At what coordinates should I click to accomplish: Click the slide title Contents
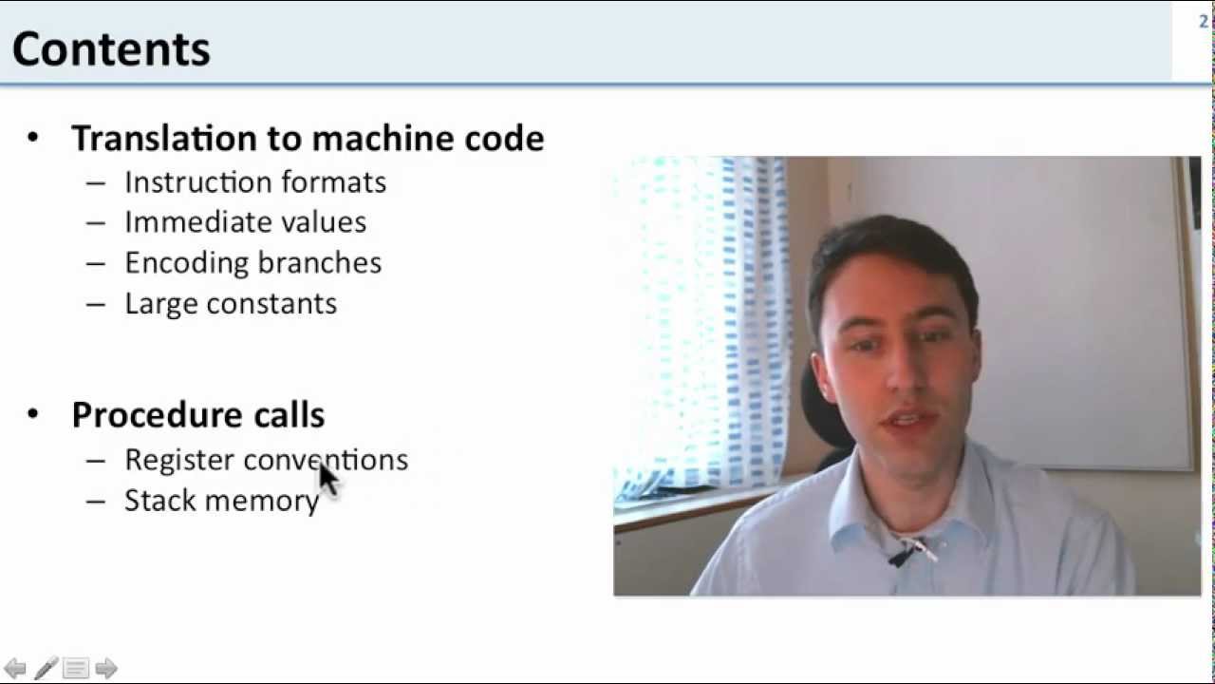tap(111, 48)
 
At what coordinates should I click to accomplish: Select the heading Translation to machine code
tap(308, 139)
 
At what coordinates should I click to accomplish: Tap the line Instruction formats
tap(255, 182)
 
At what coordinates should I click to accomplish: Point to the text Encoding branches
tap(253, 263)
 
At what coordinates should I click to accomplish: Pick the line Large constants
tap(231, 304)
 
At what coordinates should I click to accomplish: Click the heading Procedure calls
tap(198, 415)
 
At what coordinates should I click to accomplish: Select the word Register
tap(179, 460)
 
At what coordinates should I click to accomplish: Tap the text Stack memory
tap(221, 501)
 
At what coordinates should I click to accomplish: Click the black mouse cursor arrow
tap(327, 478)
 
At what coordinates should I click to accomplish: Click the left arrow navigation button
tap(15, 668)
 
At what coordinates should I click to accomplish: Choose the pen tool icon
tap(46, 668)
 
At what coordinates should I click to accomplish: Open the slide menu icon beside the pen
tap(76, 668)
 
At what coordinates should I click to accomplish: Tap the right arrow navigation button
tap(106, 668)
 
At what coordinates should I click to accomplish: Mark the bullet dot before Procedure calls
tap(33, 414)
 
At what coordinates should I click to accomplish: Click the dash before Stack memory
tap(95, 501)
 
